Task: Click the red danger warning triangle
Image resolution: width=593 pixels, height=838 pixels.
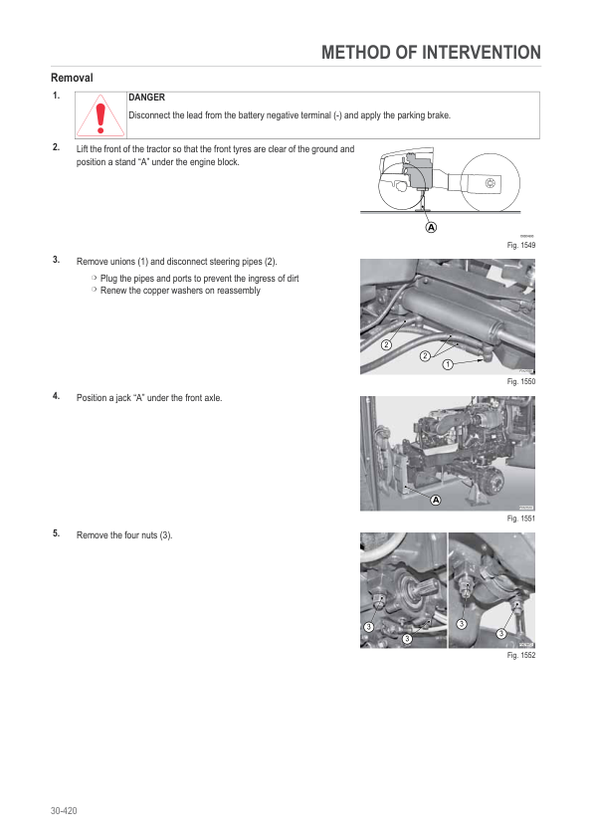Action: pos(100,115)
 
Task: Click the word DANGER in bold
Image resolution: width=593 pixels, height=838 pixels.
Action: pos(146,98)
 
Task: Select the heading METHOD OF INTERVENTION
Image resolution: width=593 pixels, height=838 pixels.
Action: pos(431,53)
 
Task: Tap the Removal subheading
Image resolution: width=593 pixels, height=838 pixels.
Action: pos(72,78)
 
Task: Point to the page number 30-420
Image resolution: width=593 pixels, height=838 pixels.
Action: pos(64,811)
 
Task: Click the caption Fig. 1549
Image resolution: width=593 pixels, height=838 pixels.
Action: pos(521,245)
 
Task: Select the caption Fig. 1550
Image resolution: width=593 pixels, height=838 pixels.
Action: pos(521,381)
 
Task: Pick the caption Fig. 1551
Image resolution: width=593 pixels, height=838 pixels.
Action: pos(521,519)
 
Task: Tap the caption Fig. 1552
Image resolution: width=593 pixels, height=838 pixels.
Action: pos(521,655)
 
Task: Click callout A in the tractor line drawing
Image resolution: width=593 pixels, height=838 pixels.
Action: pos(431,227)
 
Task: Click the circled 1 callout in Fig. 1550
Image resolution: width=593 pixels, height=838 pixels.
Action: pos(448,364)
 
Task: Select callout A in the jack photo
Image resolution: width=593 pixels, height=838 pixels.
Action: pos(436,501)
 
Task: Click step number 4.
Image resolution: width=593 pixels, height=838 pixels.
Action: pos(56,396)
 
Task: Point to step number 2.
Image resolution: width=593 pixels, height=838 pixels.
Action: pos(56,147)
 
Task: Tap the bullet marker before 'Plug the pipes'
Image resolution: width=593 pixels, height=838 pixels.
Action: pos(95,278)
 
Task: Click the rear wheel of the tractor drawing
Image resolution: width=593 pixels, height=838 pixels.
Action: pos(490,182)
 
